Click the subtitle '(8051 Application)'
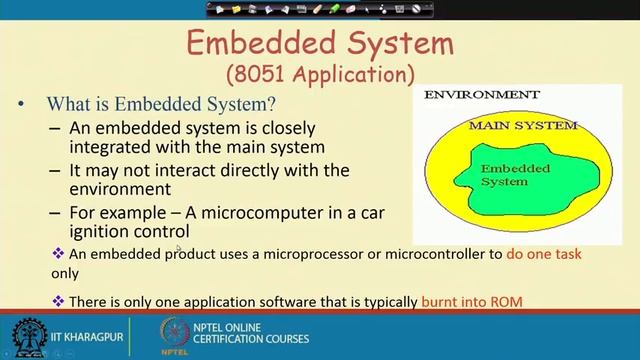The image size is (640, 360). [319, 73]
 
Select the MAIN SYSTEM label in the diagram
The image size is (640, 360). [523, 126]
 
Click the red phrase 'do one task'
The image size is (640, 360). [544, 254]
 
